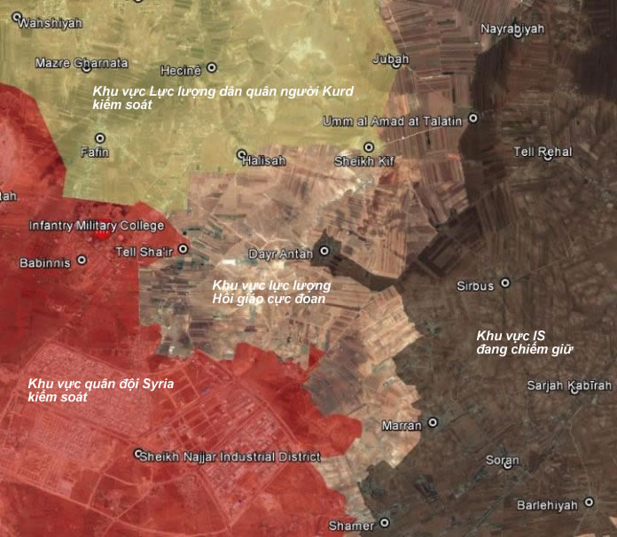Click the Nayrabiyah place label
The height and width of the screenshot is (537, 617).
[x=512, y=29]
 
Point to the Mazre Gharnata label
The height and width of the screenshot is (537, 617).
[x=82, y=64]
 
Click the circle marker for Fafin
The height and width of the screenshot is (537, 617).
[x=99, y=138]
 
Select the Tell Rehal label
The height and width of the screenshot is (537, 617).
[x=543, y=152]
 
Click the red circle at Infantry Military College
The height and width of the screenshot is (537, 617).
[x=103, y=230]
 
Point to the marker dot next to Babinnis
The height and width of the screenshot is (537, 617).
[x=82, y=261]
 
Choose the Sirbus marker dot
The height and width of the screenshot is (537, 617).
[x=505, y=284]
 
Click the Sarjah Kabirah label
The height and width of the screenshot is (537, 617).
[x=568, y=385]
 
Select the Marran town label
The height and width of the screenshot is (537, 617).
[x=402, y=425]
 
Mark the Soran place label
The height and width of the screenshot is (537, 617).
[x=502, y=461]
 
